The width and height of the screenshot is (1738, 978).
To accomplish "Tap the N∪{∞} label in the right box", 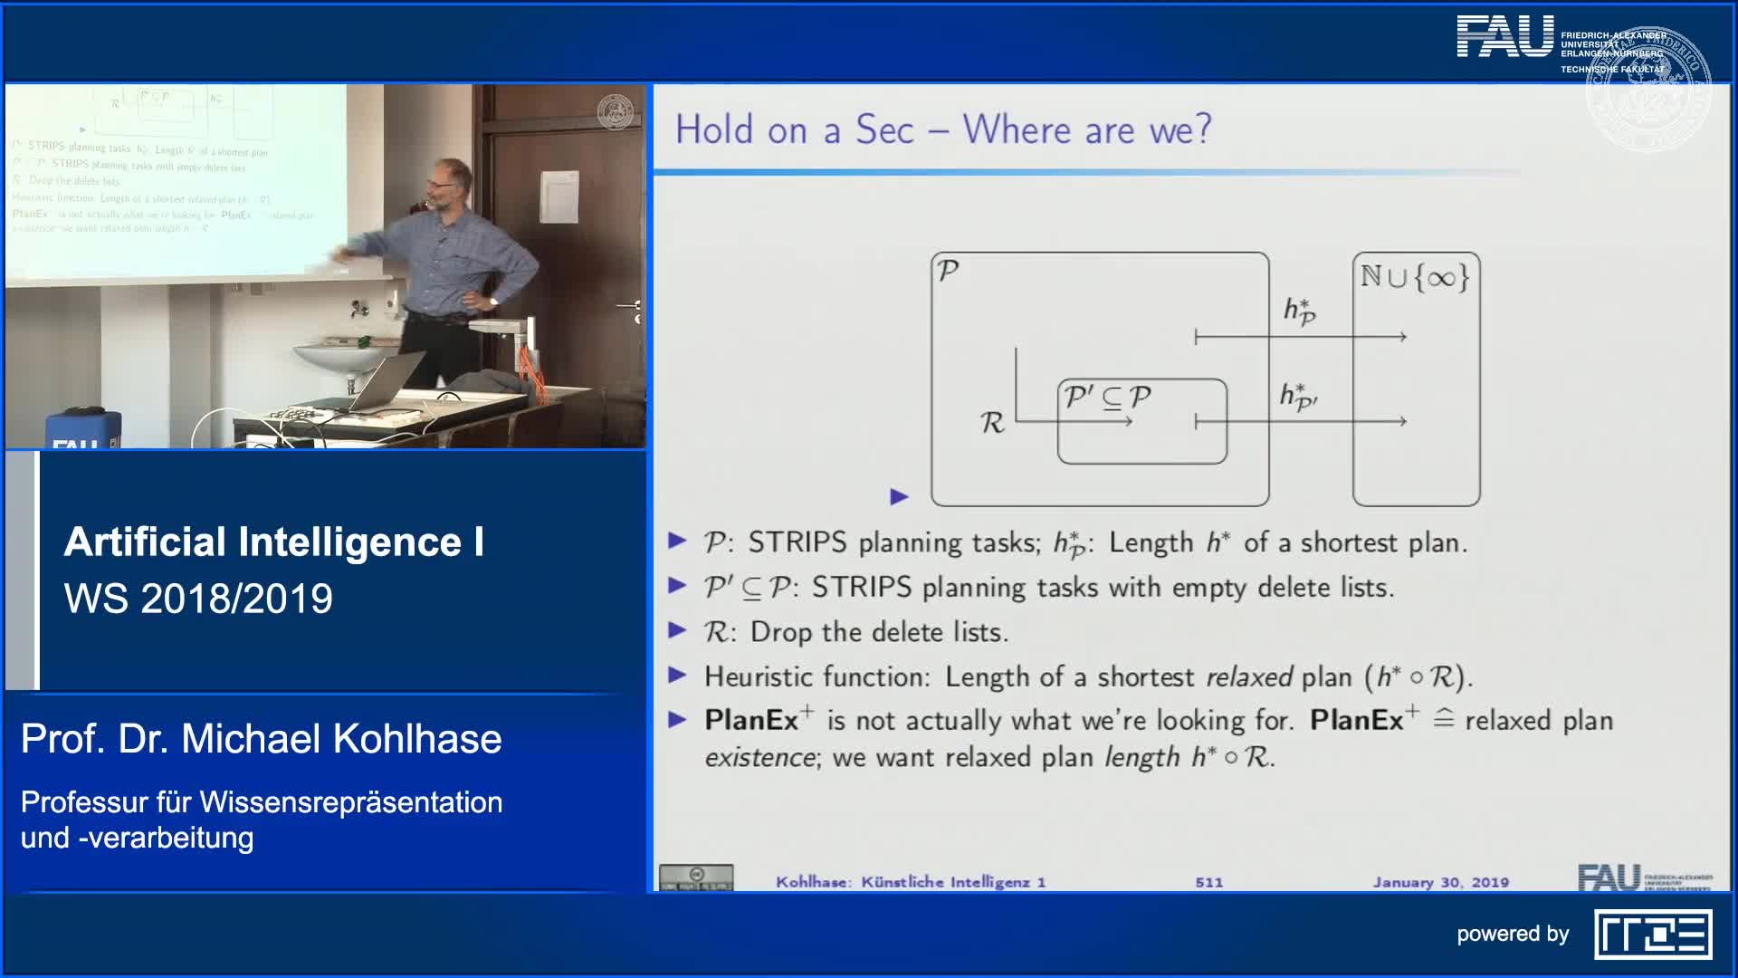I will coord(1415,276).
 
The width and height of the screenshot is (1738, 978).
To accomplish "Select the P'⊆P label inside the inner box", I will coord(1108,398).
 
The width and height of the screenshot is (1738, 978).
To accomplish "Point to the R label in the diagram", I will coord(992,423).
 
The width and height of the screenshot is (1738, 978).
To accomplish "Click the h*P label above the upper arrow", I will coord(1299,311).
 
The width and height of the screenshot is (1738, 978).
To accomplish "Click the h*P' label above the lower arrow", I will coord(1298,397).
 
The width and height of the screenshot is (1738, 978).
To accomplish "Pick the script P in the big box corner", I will coord(948,271).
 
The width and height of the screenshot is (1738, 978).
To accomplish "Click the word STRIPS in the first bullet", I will coord(797,542).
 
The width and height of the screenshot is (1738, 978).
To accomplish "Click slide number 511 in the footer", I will coord(1208,882).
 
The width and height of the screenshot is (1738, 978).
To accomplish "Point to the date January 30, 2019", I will coord(1440,882).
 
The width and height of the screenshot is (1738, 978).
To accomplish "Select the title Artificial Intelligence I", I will coord(273,542).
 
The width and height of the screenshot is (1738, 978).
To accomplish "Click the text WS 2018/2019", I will coord(198,599).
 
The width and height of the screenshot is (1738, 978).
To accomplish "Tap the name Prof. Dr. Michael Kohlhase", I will coord(261,739).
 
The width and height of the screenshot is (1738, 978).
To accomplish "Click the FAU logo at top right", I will coord(1504,38).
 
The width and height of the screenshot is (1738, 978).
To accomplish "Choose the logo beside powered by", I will coord(1652,935).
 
